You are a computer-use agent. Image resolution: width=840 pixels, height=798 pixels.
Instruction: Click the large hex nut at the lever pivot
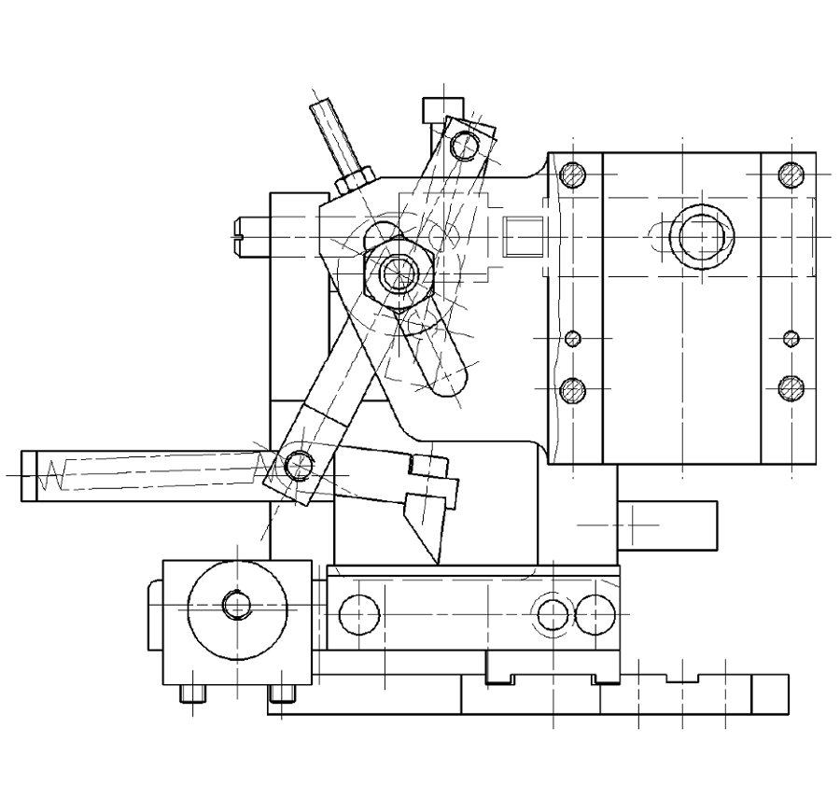(397, 272)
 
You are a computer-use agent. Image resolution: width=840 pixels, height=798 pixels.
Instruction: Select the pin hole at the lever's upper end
(464, 144)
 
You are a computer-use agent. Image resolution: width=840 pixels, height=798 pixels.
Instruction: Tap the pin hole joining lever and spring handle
(298, 464)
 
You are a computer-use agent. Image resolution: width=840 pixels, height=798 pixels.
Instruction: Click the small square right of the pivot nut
(521, 233)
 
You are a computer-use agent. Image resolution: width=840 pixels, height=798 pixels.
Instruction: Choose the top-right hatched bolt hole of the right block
(791, 175)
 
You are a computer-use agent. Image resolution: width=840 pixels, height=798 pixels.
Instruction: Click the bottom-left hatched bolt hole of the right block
(573, 389)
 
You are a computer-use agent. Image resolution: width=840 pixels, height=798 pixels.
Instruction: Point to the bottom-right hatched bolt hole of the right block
(791, 386)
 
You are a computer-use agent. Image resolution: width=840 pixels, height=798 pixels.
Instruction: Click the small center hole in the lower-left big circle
(236, 606)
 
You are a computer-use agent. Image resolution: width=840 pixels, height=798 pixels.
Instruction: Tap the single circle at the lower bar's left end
(358, 613)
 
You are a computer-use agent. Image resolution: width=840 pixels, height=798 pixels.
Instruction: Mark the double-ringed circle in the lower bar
(553, 614)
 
